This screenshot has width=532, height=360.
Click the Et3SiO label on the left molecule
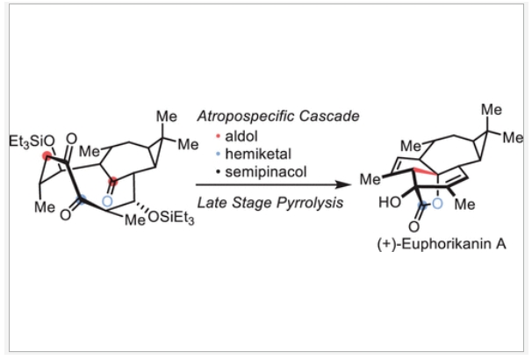tap(32, 140)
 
